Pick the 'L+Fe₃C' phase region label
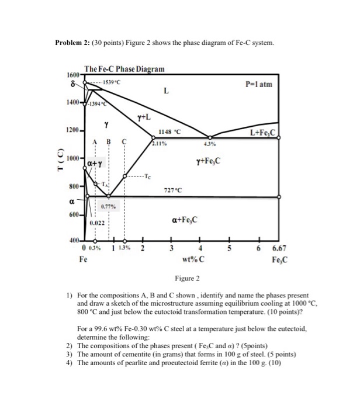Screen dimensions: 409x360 tap(263, 132)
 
